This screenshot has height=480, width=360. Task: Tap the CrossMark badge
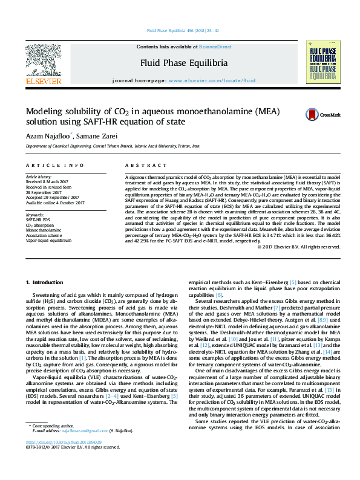[x=322, y=114]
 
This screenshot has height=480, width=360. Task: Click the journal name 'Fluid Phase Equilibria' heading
[x=184, y=63]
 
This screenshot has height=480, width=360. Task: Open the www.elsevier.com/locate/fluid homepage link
[x=208, y=80]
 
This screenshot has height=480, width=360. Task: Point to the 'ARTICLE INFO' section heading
[x=55, y=165]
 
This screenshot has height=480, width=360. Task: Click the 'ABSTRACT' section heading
[x=141, y=165]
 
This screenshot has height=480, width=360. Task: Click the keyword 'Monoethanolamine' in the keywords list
[x=44, y=231]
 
